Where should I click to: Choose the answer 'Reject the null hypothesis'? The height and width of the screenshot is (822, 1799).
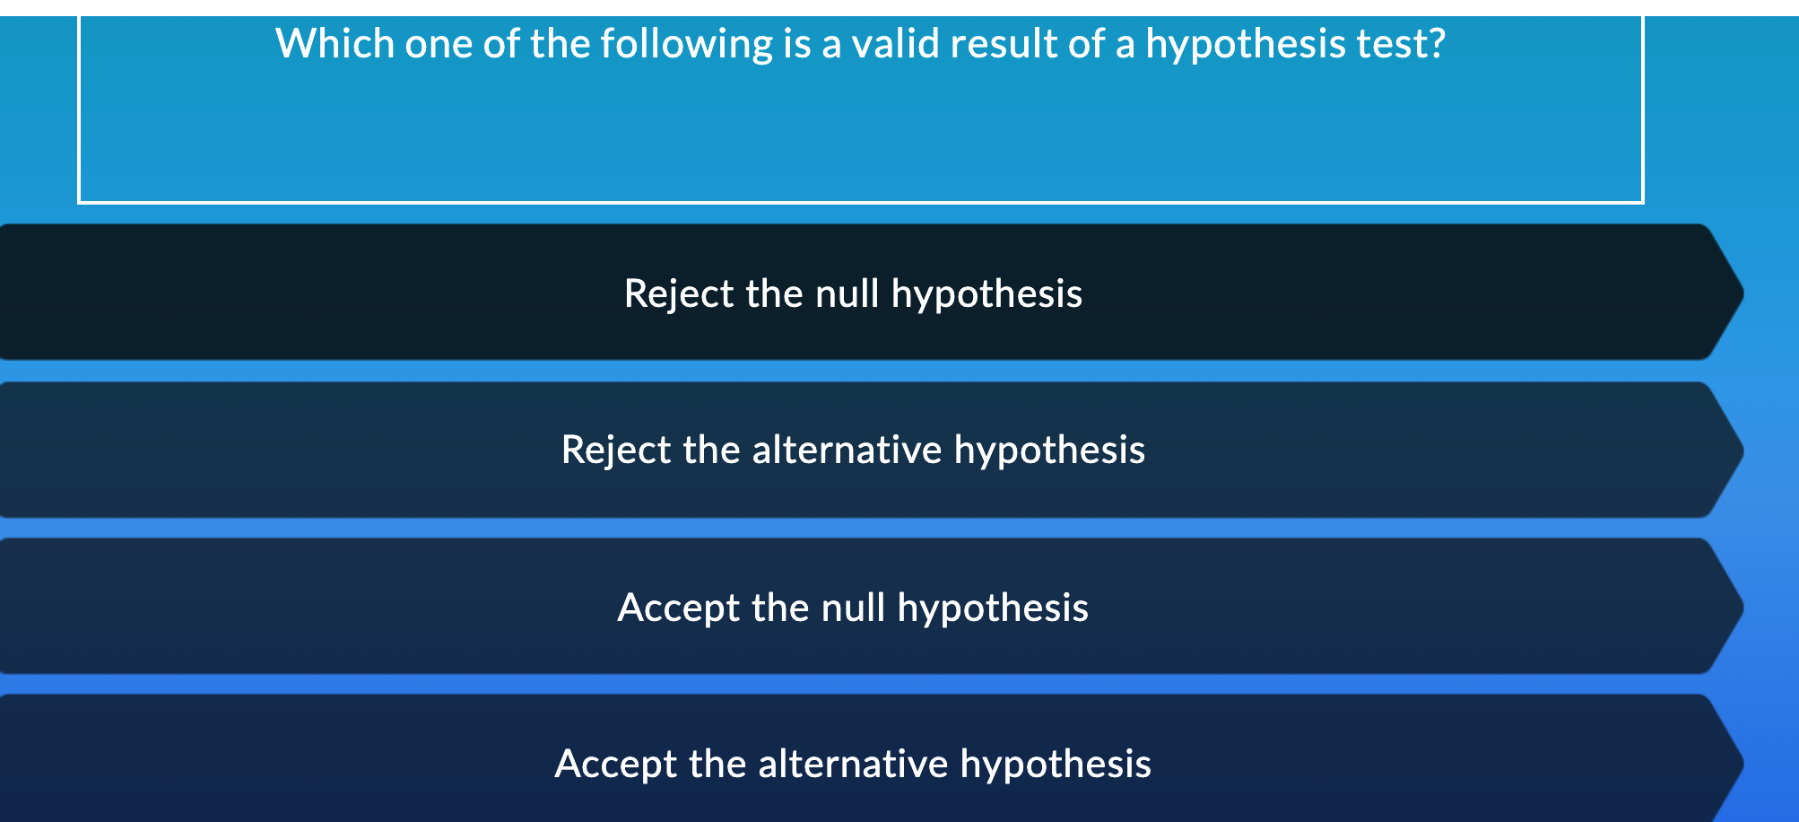853,293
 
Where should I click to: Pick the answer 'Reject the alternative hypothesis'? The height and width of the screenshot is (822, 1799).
853,450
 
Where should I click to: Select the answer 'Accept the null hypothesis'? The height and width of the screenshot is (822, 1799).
853,608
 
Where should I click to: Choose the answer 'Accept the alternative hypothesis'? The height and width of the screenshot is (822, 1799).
853,764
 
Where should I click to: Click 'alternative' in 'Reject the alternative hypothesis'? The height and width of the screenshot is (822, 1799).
847,450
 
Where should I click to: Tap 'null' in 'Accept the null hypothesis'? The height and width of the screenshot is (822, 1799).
853,608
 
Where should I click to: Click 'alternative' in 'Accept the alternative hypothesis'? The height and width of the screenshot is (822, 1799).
853,764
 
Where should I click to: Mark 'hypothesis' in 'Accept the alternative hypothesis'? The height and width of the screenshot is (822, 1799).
1056,764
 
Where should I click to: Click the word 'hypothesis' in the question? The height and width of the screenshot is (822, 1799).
1246,43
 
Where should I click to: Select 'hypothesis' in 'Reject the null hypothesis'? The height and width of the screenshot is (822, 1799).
986,293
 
